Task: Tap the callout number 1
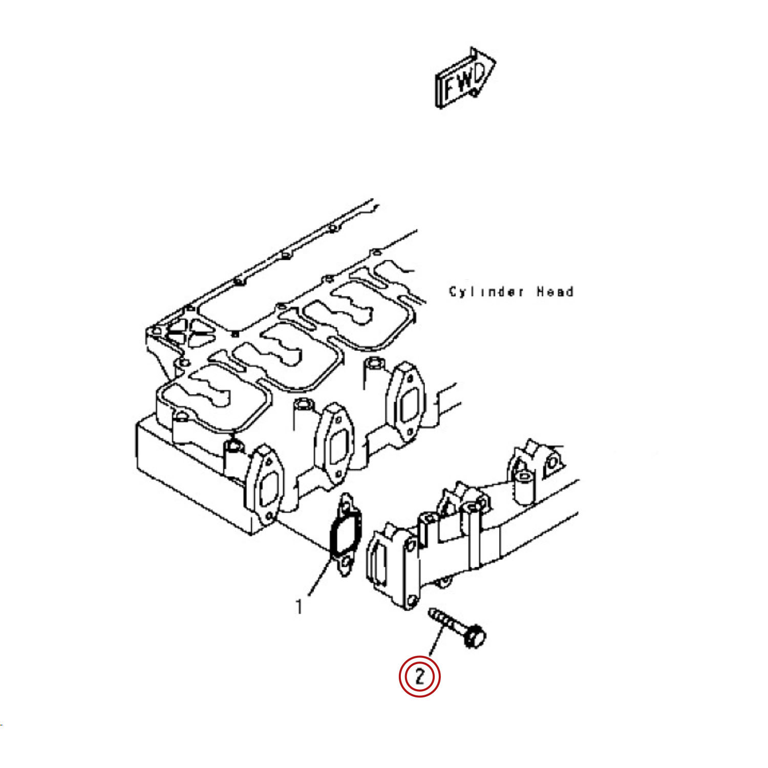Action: [299, 607]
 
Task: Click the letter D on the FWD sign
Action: [478, 75]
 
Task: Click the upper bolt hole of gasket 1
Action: [346, 507]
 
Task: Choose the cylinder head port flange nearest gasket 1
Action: [264, 485]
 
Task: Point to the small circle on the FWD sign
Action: [474, 92]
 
